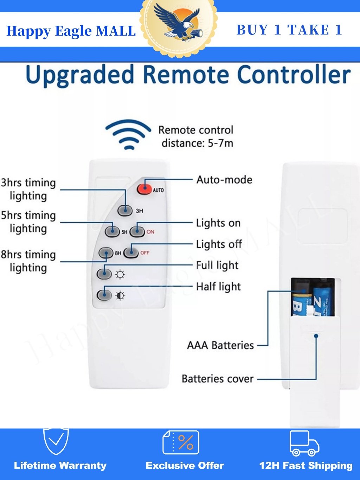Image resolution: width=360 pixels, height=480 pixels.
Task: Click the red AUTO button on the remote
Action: (144, 189)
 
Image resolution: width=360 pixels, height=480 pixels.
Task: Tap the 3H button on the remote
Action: (125, 210)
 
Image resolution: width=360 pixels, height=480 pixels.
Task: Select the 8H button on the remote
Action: (105, 253)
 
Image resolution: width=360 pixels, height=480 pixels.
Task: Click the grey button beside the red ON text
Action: (137, 231)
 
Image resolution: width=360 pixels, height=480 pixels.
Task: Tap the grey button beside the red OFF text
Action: (131, 252)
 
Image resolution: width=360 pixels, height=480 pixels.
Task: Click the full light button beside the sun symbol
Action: (104, 274)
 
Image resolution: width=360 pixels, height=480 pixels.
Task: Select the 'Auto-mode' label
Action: (224, 180)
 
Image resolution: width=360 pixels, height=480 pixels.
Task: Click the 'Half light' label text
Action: (218, 287)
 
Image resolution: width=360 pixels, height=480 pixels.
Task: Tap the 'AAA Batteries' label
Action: (220, 345)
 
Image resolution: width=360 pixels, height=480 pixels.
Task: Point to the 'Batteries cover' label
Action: (218, 379)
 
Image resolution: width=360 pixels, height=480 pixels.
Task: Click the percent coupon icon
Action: (181, 442)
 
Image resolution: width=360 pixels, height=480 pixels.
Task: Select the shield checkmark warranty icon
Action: (56, 441)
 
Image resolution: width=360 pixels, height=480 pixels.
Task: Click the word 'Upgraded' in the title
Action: (80, 75)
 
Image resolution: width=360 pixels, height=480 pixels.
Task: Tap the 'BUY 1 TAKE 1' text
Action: (289, 30)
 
